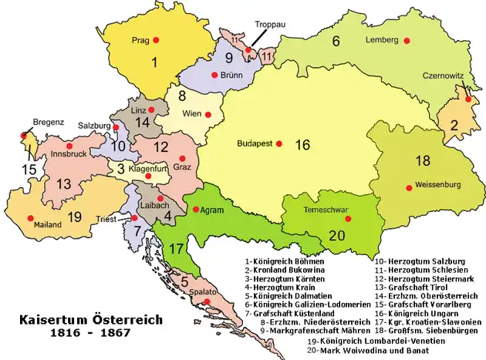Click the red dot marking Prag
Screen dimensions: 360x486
click(157, 39)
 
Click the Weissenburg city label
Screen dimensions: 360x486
click(435, 185)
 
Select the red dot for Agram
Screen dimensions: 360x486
click(197, 210)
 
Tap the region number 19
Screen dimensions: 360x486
click(74, 217)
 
